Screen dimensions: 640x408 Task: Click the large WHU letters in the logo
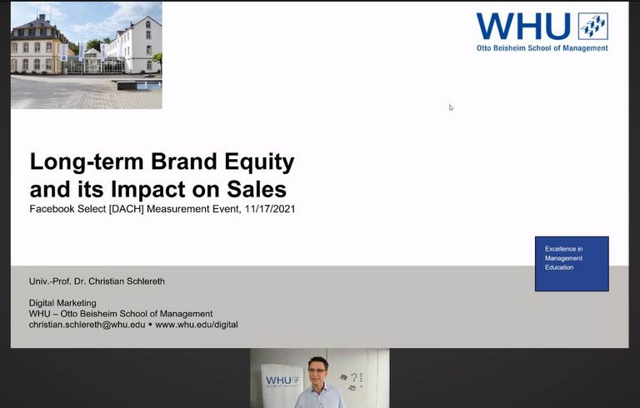pyautogui.click(x=522, y=26)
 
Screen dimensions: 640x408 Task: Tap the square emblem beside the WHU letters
pyautogui.click(x=593, y=26)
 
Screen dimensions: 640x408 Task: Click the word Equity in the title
pyautogui.click(x=259, y=163)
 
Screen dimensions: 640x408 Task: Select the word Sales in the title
pyautogui.click(x=257, y=189)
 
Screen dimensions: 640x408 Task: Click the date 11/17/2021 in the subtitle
pyautogui.click(x=270, y=209)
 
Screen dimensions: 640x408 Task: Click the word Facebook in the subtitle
pyautogui.click(x=52, y=209)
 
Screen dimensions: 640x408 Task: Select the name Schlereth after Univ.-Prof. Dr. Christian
pyautogui.click(x=146, y=281)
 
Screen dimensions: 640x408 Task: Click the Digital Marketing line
pyautogui.click(x=62, y=303)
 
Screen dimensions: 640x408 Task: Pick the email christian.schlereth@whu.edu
pyautogui.click(x=87, y=325)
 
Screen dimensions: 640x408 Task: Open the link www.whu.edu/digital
pyautogui.click(x=197, y=325)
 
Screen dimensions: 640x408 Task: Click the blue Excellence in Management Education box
pyautogui.click(x=572, y=264)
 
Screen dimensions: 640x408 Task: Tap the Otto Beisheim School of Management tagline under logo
pyautogui.click(x=542, y=48)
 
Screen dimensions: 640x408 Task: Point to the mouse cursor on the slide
pyautogui.click(x=451, y=107)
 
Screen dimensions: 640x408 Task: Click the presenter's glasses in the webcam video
pyautogui.click(x=317, y=371)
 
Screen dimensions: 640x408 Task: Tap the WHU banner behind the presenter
pyautogui.click(x=282, y=386)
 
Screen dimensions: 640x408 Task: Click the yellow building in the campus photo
pyautogui.click(x=38, y=46)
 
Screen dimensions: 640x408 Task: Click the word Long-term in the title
pyautogui.click(x=87, y=162)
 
